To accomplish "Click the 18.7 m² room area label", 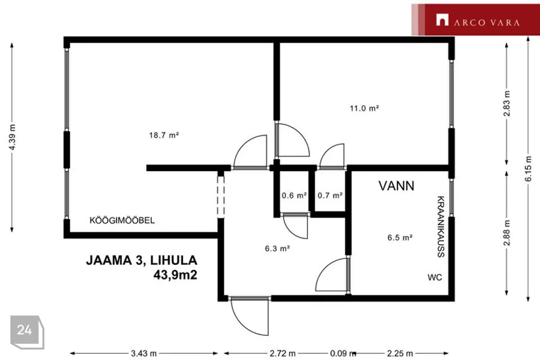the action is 164,135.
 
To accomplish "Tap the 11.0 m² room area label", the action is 364,108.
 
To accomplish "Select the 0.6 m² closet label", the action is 294,195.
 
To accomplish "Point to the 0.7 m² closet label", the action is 330,195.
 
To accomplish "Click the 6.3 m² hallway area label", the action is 277,248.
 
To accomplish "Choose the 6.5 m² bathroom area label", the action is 400,237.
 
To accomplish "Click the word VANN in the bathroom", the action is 397,186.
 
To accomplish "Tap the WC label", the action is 435,277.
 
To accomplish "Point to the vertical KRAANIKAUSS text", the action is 441,227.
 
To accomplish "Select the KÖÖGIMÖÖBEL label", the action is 122,220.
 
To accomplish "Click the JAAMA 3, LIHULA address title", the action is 142,260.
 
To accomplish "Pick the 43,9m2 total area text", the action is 175,275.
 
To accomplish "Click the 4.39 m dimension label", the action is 12,137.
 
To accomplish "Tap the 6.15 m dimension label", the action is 528,169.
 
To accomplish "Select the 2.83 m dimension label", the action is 507,103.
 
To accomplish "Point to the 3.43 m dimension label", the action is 143,353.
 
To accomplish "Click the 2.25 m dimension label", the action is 400,353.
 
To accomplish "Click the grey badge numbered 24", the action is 27,332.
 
